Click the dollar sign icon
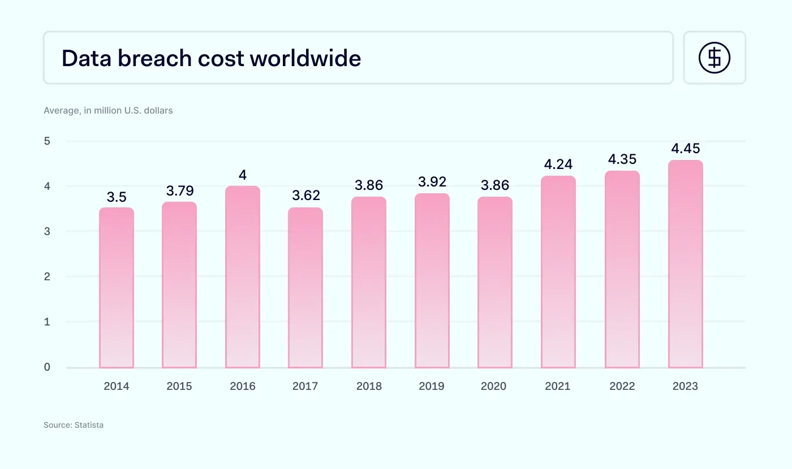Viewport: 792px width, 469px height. click(x=714, y=58)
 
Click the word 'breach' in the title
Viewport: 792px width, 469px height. click(x=154, y=58)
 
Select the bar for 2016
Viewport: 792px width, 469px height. click(x=243, y=277)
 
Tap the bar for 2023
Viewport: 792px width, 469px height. click(x=686, y=264)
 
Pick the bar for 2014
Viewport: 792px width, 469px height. click(x=117, y=288)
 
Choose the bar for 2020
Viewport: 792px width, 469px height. click(x=495, y=283)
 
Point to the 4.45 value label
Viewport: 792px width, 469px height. click(x=686, y=148)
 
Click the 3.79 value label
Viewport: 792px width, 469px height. click(x=180, y=191)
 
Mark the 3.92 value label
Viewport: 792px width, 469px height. click(x=432, y=182)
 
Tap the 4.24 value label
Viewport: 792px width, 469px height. click(x=558, y=164)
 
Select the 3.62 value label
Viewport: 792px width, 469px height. click(x=306, y=195)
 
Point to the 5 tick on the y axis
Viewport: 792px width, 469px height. click(x=47, y=141)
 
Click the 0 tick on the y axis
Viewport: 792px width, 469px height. click(x=47, y=367)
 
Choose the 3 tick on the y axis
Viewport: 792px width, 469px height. click(x=47, y=231)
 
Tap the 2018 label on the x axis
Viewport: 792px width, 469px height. click(x=369, y=386)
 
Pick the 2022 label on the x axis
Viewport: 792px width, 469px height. click(x=622, y=386)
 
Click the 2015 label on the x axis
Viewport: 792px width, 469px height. click(x=179, y=386)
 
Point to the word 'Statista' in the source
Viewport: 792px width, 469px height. click(x=89, y=425)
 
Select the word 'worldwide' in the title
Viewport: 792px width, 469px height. click(x=305, y=58)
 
